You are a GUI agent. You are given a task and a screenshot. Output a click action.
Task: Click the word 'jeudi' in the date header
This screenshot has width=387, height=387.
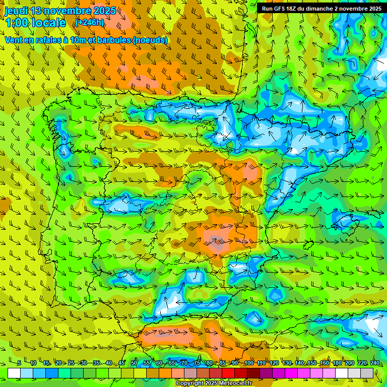(x=16, y=11)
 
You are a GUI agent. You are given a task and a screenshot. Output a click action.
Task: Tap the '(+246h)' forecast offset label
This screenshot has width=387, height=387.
(x=89, y=22)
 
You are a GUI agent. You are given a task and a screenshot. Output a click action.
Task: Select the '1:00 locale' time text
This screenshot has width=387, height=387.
(x=35, y=23)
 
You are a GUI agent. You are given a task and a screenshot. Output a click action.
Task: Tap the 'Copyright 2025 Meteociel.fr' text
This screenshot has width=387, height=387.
(x=214, y=383)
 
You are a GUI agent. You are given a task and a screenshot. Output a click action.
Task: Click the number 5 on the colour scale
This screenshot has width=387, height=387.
(x=19, y=363)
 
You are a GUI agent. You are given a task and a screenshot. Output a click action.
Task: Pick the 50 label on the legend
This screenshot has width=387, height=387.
(x=134, y=363)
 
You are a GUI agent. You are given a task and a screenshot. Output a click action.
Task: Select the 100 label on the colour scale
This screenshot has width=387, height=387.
(x=248, y=363)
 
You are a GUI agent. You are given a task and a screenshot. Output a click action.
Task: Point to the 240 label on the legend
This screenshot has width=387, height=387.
(x=375, y=363)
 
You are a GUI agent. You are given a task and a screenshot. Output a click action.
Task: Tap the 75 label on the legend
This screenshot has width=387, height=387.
(x=197, y=363)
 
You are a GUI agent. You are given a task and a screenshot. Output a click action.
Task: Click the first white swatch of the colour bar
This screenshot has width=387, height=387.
(x=14, y=373)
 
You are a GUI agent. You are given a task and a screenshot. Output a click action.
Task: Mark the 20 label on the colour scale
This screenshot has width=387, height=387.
(x=58, y=363)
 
